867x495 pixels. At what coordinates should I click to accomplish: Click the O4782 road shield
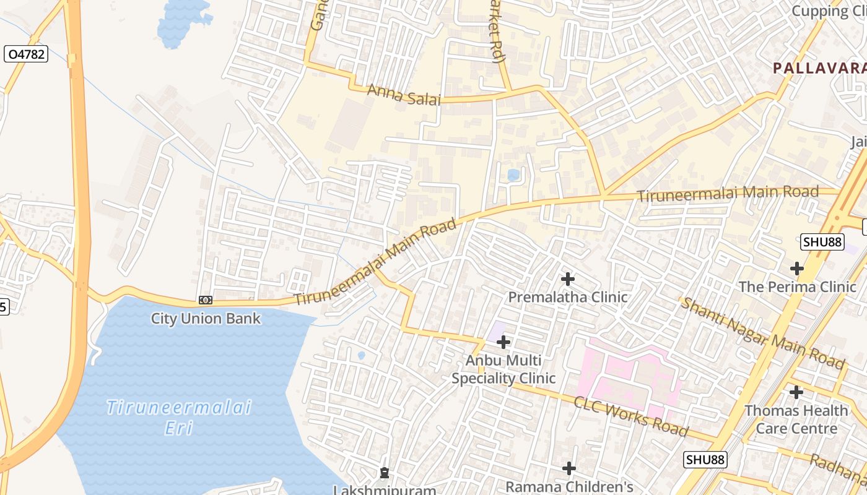click(26, 54)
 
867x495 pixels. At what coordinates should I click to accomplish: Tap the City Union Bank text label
click(206, 319)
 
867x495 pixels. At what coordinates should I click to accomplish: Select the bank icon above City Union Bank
click(206, 300)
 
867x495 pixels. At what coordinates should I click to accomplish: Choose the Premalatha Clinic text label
click(568, 297)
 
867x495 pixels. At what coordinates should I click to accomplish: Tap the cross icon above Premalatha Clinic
click(568, 279)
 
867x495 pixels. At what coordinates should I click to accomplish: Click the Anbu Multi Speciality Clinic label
click(503, 369)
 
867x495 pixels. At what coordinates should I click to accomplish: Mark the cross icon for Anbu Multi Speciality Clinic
click(503, 342)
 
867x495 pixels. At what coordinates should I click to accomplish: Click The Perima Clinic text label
click(797, 287)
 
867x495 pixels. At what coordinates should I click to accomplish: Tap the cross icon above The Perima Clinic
click(797, 269)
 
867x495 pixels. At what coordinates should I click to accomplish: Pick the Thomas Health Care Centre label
click(796, 419)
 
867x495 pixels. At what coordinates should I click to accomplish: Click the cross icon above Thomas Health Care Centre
click(796, 392)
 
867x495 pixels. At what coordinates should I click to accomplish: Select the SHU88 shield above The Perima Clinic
click(822, 242)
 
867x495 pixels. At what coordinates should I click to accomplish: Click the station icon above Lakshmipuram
click(385, 473)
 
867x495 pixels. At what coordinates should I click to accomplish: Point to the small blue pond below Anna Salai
click(513, 175)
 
